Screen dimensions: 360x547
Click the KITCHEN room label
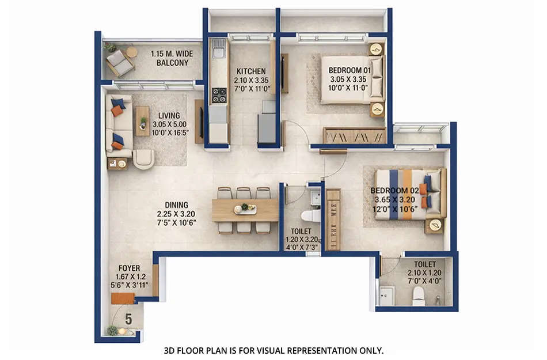[x=250, y=71]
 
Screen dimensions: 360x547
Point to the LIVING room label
[x=169, y=115]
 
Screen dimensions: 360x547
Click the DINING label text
[x=176, y=204]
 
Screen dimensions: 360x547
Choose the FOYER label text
[x=128, y=267]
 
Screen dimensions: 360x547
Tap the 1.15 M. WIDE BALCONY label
[x=172, y=58]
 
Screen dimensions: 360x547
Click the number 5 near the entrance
[x=128, y=318]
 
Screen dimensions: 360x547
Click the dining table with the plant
[x=245, y=210]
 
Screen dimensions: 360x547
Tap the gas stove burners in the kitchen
[x=219, y=95]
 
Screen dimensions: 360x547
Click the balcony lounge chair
[x=119, y=62]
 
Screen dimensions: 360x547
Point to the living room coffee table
[x=142, y=121]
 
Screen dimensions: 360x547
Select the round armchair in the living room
[x=143, y=159]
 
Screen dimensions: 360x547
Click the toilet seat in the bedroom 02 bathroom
[x=418, y=294]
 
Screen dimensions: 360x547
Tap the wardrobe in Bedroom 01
[x=354, y=136]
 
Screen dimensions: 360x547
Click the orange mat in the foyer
[x=123, y=298]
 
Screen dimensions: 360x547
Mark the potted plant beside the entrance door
[x=112, y=331]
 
